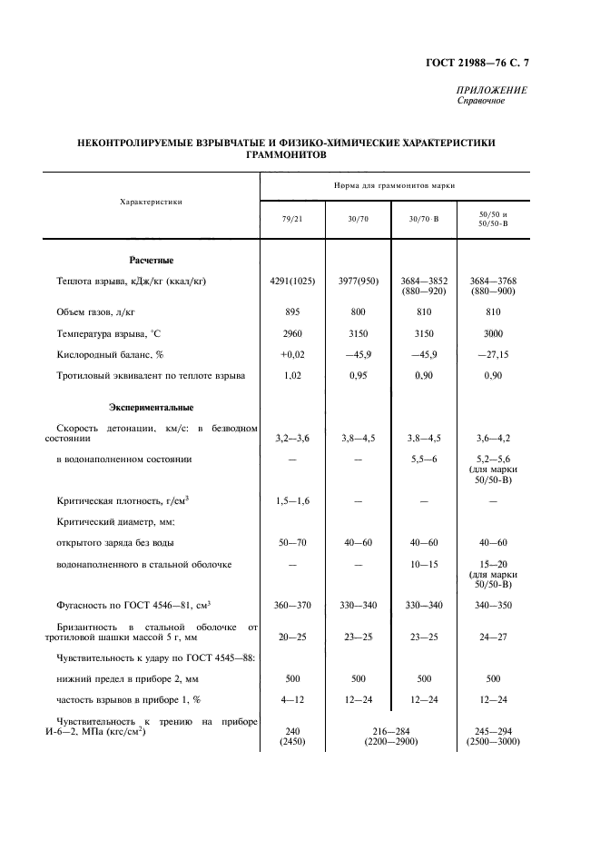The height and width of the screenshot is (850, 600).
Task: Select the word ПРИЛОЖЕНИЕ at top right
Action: tap(491, 90)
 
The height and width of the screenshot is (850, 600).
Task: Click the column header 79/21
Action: tap(291, 219)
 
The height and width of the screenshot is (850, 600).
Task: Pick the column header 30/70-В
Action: tap(423, 219)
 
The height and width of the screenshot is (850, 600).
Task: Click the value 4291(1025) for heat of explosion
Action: tap(292, 282)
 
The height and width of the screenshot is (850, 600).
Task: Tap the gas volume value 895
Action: tap(292, 311)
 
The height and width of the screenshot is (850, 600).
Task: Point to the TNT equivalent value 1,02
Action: tap(292, 374)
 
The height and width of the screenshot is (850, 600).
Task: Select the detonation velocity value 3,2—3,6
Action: tap(292, 438)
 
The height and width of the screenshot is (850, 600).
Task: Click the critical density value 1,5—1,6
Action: tap(292, 500)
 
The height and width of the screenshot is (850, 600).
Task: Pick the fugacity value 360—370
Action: tap(292, 605)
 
